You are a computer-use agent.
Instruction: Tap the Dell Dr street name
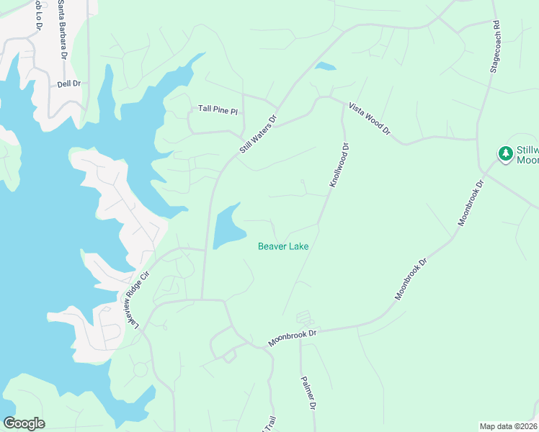pos(68,84)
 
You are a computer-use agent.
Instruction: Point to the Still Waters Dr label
pos(258,135)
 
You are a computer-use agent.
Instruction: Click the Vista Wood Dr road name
pos(369,119)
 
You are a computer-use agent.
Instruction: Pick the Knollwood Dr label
pos(339,166)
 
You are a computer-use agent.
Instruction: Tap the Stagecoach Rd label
pos(495,46)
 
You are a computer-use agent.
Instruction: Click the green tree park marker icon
pos(506,153)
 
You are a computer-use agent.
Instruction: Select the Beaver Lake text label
pos(283,246)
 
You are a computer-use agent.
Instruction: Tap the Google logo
pos(24,423)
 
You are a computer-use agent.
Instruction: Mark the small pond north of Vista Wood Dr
pos(325,68)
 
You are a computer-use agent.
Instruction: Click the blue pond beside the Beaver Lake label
pos(228,226)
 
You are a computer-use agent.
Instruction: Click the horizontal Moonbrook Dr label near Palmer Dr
pos(293,338)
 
